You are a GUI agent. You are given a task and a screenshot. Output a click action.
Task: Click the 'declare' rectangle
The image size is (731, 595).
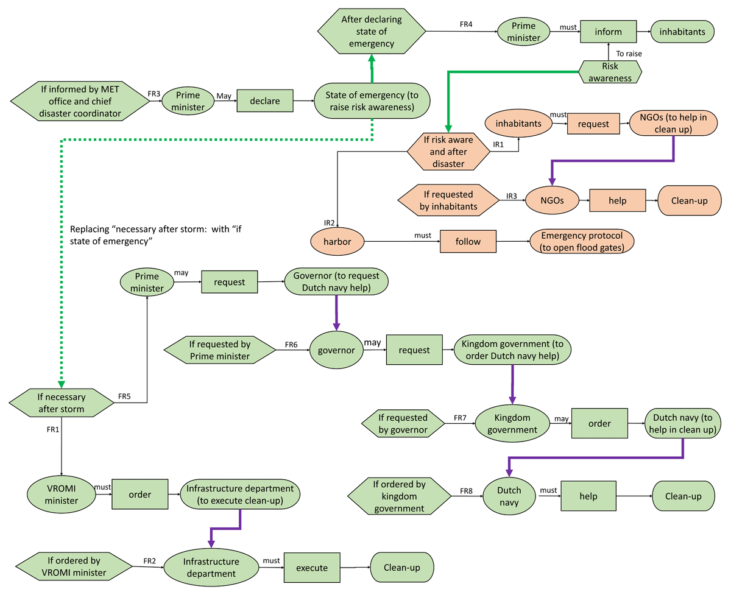(x=265, y=100)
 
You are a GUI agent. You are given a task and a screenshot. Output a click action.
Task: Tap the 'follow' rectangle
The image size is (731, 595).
(x=468, y=241)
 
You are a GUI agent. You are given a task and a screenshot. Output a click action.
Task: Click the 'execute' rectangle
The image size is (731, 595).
(x=312, y=568)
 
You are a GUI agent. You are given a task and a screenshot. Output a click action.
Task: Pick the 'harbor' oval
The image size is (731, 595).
(x=336, y=242)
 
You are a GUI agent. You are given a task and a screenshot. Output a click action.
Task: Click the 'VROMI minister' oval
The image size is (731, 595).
(x=61, y=494)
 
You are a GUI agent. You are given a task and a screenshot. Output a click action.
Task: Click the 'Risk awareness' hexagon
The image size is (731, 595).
(x=609, y=71)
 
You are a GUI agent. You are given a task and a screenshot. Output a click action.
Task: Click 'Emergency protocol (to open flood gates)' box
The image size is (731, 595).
(x=582, y=241)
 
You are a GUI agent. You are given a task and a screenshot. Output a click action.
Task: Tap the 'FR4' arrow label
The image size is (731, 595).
(x=467, y=25)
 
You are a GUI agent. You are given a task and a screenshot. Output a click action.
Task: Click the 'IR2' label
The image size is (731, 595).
(x=328, y=221)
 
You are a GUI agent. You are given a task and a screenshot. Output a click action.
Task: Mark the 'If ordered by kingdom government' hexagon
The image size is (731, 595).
(x=399, y=496)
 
